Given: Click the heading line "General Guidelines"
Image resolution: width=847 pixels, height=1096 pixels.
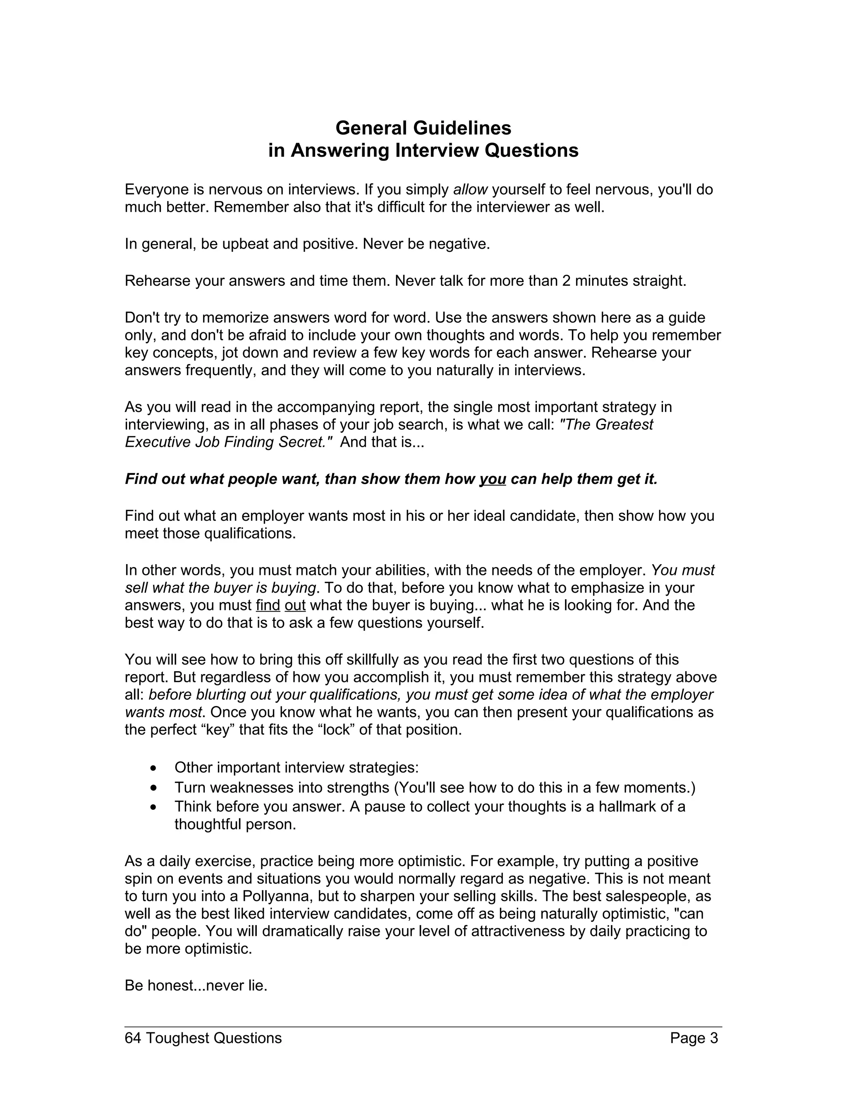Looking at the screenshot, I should pos(423,128).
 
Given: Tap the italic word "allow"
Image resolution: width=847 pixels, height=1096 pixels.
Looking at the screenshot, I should pos(470,190).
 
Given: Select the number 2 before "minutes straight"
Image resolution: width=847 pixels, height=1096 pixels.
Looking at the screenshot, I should pos(566,280).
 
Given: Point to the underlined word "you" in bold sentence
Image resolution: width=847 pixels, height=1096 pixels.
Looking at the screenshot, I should pos(492,479).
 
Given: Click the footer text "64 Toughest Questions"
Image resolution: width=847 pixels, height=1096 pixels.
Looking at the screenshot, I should pos(203,1038).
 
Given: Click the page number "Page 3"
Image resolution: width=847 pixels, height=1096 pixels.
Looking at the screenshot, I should pos(694,1038).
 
